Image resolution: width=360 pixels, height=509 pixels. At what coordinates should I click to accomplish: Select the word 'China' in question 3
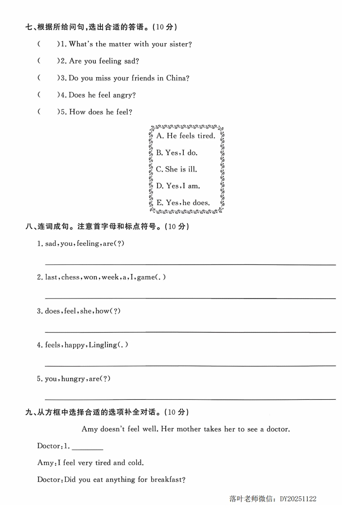pyautogui.click(x=176, y=78)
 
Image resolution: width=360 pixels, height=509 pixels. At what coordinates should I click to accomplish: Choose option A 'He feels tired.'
pyautogui.click(x=186, y=136)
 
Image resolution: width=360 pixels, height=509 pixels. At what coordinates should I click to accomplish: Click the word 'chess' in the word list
pyautogui.click(x=70, y=277)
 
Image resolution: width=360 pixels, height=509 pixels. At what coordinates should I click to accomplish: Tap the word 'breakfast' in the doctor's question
pyautogui.click(x=166, y=480)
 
